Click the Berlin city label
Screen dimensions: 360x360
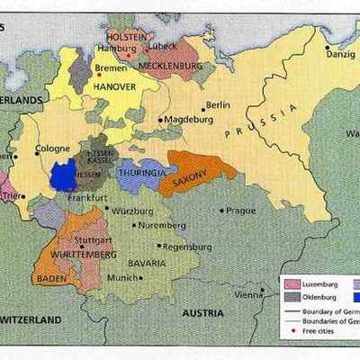coord(217,105)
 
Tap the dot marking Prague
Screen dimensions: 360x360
coord(222,211)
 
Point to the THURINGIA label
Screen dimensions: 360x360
coord(140,172)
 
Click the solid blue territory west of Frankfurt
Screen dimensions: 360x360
coord(63,175)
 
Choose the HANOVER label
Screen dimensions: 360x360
coord(113,87)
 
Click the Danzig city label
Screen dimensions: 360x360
coord(339,55)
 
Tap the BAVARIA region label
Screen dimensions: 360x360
coord(146,263)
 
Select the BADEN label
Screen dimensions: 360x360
coord(49,278)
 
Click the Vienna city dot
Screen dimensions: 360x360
coord(262,290)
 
